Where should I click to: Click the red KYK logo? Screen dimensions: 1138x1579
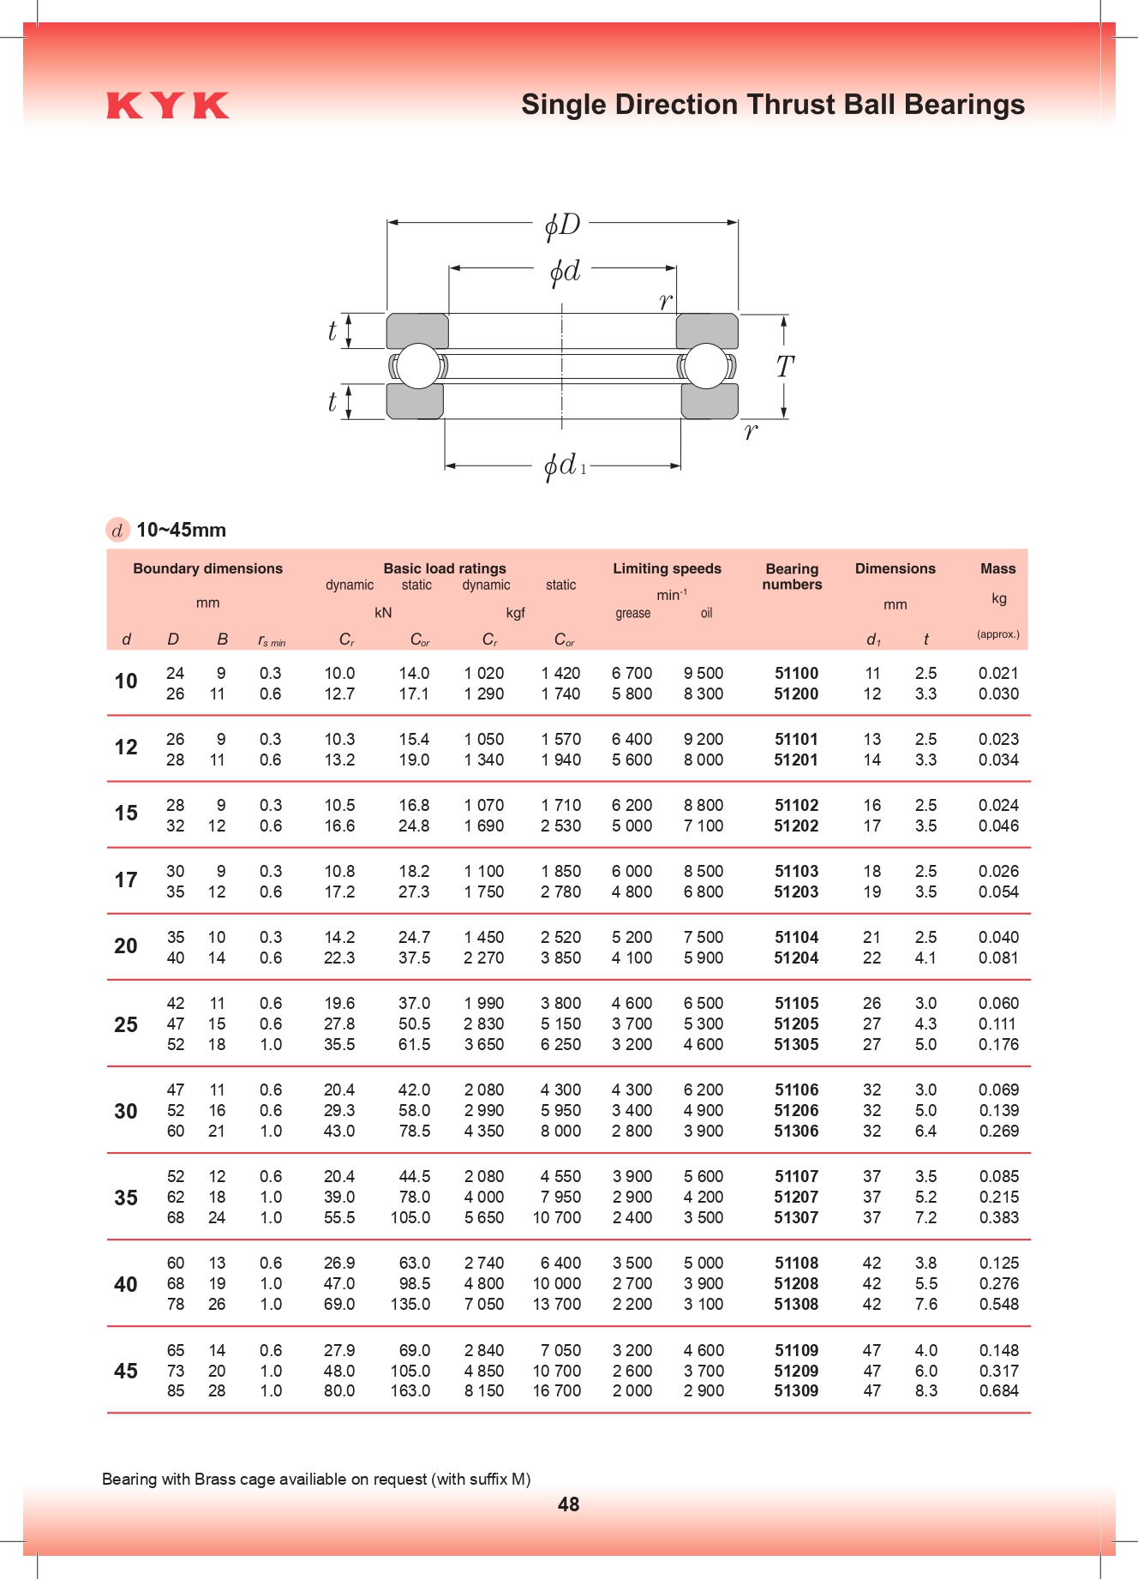[x=168, y=105]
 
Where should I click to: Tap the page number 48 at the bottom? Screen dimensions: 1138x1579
[x=568, y=1504]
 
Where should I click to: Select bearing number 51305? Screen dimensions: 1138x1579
[x=796, y=1044]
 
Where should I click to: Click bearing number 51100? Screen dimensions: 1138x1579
[x=796, y=673]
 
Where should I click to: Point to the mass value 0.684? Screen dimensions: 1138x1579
[x=999, y=1390]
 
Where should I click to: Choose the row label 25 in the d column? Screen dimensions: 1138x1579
[x=126, y=1024]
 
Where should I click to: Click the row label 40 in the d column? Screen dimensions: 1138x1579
[x=126, y=1284]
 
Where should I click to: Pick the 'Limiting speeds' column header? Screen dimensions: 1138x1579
[x=667, y=568]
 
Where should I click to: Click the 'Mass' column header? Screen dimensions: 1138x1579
[x=998, y=568]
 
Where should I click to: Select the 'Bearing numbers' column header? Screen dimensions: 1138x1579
[x=792, y=576]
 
